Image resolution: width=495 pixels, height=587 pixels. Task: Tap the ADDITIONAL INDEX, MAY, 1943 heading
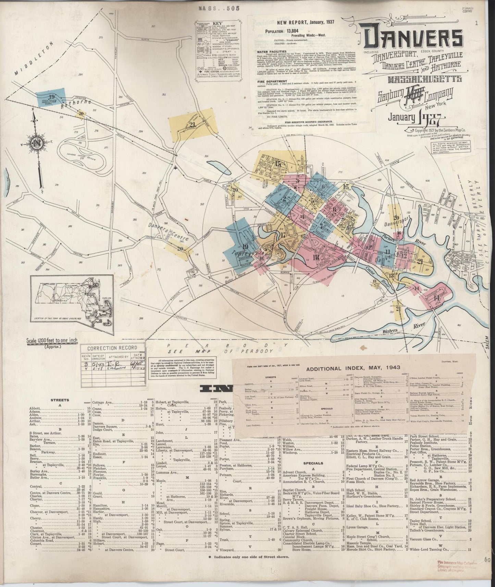(x=353, y=369)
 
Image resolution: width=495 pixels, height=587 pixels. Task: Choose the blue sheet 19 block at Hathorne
(x=51, y=97)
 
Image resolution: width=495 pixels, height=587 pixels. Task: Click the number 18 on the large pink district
(x=315, y=258)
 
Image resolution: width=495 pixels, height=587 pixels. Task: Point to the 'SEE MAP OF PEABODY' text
(x=219, y=351)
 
